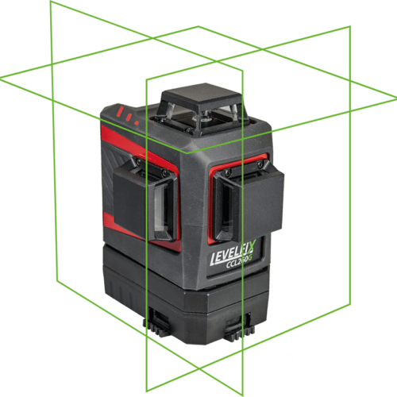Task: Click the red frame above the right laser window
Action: coord(238,160)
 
